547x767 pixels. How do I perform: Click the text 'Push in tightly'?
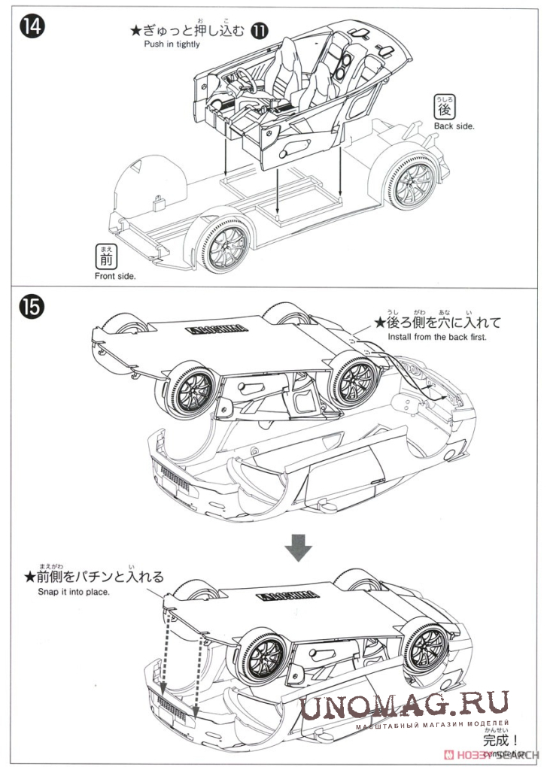click(172, 44)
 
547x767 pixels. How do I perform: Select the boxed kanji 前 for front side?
click(106, 259)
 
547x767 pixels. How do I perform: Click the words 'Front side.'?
click(115, 277)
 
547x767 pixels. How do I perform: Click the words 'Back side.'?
click(454, 126)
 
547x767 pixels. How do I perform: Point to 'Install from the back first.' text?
click(437, 338)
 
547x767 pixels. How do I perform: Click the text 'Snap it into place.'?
click(74, 592)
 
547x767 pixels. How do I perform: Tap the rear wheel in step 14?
click(410, 180)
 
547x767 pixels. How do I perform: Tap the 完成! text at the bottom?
click(502, 740)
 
